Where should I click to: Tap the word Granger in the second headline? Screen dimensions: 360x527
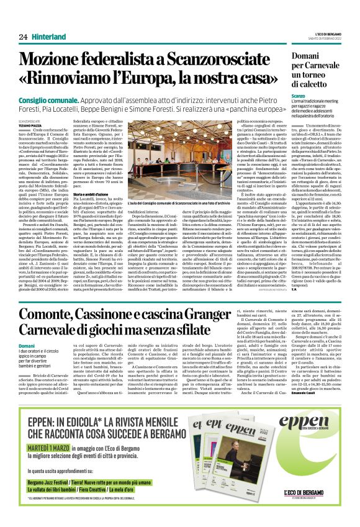tap(223, 316)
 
